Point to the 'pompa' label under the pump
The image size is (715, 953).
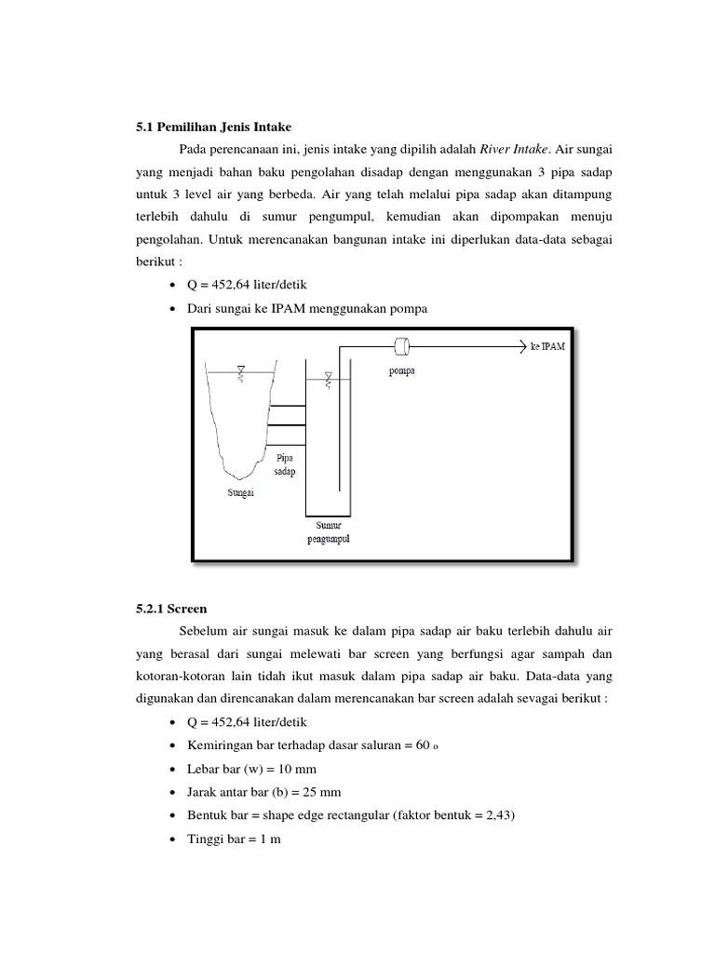[x=403, y=369]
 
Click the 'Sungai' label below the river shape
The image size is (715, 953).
[x=241, y=492]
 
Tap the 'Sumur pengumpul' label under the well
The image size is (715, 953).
[x=328, y=533]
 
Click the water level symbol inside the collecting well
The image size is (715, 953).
[x=329, y=379]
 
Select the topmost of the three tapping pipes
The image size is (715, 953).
[x=287, y=407]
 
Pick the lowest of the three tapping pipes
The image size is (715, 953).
[x=287, y=445]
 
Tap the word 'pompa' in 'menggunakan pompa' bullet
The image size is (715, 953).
[x=408, y=309]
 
